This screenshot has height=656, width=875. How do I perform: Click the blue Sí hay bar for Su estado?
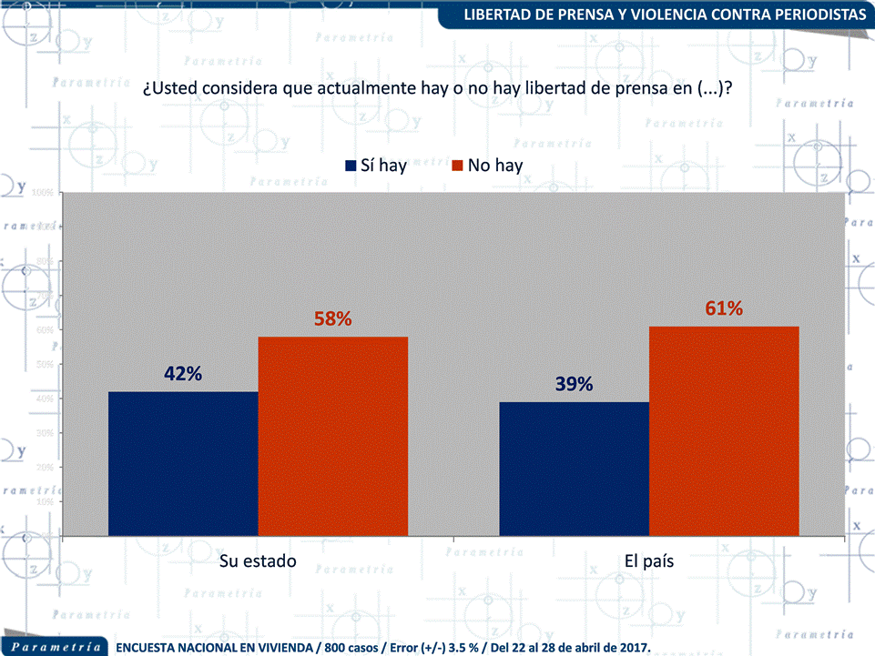pos(183,463)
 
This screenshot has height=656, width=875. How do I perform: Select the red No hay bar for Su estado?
pos(332,436)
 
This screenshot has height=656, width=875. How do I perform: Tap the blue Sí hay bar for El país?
pos(574,469)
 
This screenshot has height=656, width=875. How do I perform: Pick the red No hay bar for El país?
pos(724,430)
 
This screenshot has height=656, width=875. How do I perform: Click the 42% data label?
pos(183,374)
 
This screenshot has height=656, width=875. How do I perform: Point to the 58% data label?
pos(332,319)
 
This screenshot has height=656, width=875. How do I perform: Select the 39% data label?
pos(574,384)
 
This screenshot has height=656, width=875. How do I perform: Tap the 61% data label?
pos(724,308)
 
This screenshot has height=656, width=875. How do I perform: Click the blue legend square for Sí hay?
pos(351,166)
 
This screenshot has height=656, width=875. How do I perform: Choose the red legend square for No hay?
pos(458,166)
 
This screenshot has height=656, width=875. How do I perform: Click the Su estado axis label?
pos(259,560)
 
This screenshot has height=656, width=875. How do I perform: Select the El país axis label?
pos(648,560)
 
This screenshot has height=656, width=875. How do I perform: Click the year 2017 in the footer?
pos(634,648)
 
